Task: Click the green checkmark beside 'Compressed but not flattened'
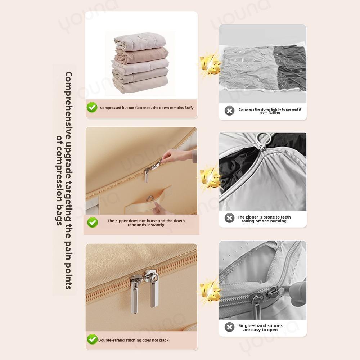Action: (x=92, y=107)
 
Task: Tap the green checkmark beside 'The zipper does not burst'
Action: (x=92, y=222)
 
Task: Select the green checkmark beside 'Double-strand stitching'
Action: (x=92, y=339)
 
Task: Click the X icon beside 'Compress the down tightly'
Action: (x=229, y=111)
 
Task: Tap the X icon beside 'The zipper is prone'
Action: (x=229, y=218)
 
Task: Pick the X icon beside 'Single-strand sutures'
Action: (x=229, y=327)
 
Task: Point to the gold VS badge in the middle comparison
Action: (x=210, y=178)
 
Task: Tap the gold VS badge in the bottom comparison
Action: (x=210, y=292)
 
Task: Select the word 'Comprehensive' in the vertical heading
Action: (x=68, y=105)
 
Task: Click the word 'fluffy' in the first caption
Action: (x=189, y=108)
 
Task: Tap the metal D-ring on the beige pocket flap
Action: (x=150, y=198)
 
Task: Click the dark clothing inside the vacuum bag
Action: (x=290, y=68)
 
